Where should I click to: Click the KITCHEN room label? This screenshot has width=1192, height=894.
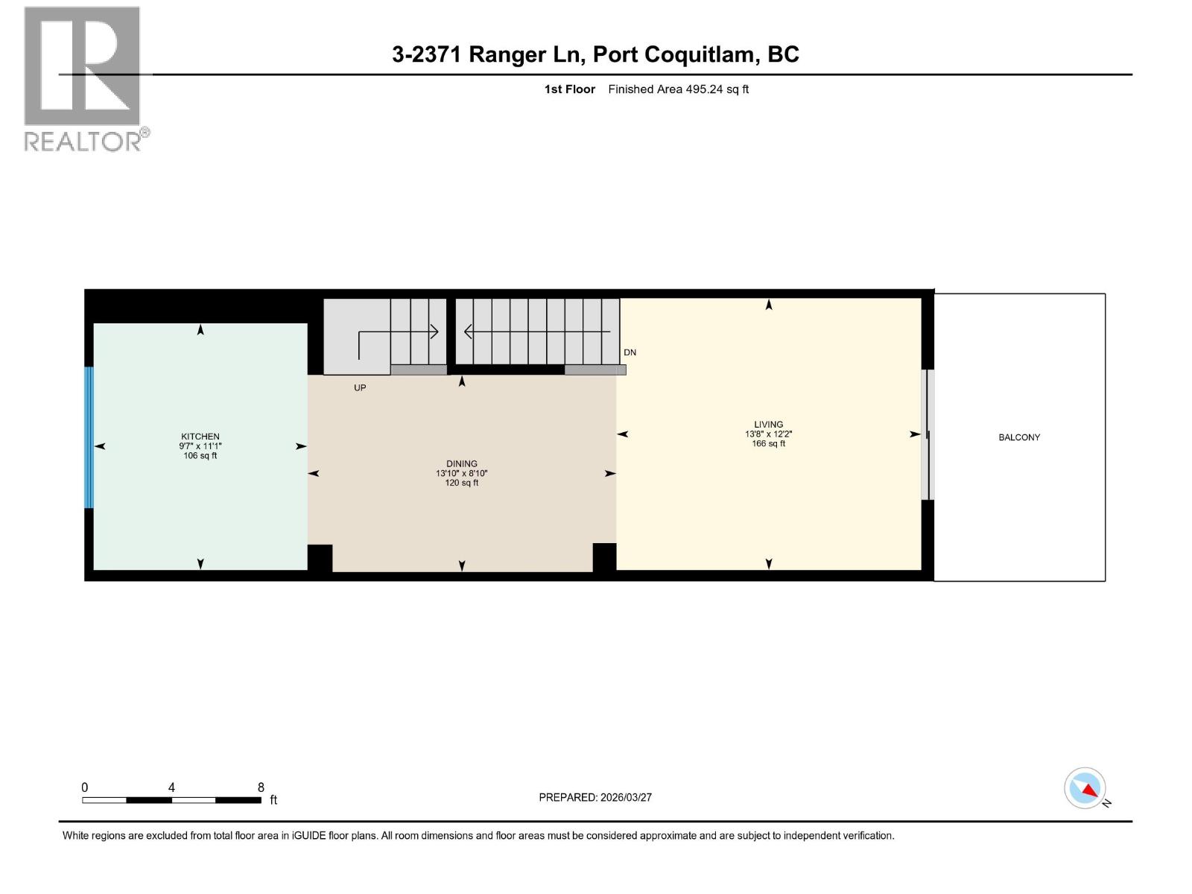click(200, 437)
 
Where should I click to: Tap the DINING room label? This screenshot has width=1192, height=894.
click(462, 463)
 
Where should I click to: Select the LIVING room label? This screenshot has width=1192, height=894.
click(768, 425)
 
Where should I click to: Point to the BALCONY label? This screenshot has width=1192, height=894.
click(1019, 437)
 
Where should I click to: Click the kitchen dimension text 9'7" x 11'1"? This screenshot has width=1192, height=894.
click(200, 446)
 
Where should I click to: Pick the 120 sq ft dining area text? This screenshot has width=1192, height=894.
click(462, 483)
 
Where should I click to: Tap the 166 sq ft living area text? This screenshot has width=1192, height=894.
click(768, 444)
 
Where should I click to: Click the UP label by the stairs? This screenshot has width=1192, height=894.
click(360, 388)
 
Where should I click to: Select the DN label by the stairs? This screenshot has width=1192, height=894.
click(630, 352)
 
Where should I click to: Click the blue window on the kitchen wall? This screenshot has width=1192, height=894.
click(89, 437)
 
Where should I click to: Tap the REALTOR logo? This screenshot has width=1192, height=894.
click(83, 78)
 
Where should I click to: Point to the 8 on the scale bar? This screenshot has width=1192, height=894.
click(261, 787)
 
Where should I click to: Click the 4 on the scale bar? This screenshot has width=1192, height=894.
click(171, 787)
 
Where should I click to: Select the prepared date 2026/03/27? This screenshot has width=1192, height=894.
click(626, 797)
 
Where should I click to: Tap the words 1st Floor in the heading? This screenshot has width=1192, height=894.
click(569, 89)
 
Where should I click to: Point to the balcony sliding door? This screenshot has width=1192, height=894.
click(927, 434)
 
